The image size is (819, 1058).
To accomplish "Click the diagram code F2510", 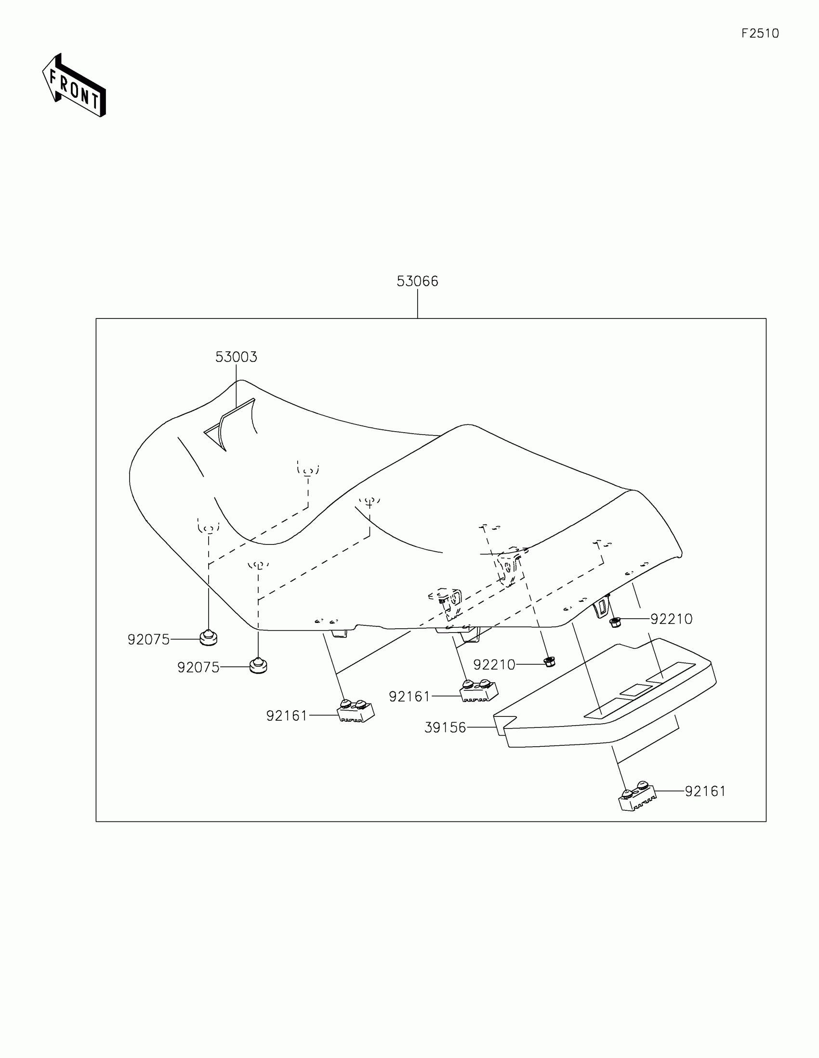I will pos(760,33).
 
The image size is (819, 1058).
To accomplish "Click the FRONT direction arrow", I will pos(74,85).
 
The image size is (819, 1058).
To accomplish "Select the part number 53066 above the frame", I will pos(417,281).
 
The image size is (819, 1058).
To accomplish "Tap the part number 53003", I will pos(236,357).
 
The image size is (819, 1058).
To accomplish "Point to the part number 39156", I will pos(445,727).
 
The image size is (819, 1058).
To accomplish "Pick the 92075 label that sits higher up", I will pos(148,640).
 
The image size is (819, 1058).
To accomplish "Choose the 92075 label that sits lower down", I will pos(198,668).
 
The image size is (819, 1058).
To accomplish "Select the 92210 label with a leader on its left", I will pos(671,619).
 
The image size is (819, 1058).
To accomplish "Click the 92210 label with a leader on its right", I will pos(494,665).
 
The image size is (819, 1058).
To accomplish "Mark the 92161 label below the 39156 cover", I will pos(705,791).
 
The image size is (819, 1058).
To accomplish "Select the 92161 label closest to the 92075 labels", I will pos(287,715).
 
